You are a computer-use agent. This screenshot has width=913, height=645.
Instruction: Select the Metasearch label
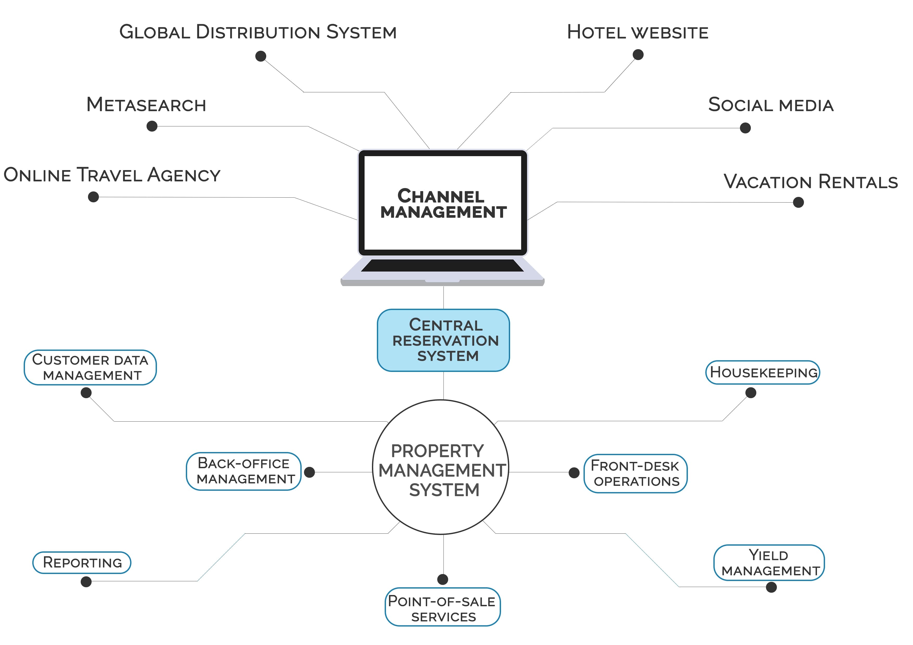point(146,105)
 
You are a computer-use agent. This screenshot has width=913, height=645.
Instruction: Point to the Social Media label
point(771,105)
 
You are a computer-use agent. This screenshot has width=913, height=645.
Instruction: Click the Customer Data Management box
point(90,367)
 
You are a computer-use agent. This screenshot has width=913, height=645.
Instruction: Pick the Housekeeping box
point(763,372)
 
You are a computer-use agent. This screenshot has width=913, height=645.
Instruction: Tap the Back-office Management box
point(244,471)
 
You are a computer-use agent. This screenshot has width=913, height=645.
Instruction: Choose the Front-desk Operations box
point(636,474)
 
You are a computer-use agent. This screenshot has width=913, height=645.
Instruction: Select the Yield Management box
point(769,563)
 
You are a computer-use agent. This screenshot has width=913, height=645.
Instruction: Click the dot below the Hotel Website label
point(638,54)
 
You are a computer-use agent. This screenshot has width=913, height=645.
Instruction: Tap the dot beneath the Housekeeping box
point(751,393)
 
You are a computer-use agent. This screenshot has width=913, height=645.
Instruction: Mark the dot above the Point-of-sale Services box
point(443,579)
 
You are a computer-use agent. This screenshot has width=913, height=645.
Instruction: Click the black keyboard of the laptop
point(442,266)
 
